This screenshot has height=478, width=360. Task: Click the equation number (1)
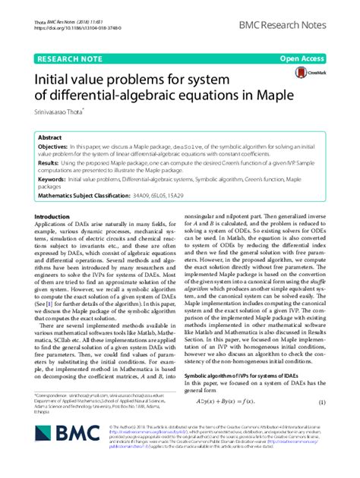point(321,423)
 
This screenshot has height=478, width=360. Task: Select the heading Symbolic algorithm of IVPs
point(243,398)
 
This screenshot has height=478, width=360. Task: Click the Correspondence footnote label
point(53,417)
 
